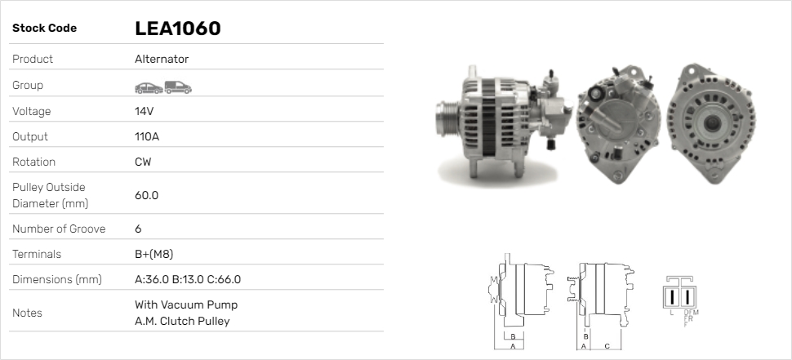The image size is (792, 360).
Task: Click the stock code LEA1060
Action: [178, 29]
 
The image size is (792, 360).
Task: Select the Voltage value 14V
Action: [144, 111]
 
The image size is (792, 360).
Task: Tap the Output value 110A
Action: [147, 136]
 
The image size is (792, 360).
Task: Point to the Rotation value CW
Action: [143, 162]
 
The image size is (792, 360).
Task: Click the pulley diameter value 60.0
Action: [146, 195]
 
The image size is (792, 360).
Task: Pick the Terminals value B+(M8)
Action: [154, 254]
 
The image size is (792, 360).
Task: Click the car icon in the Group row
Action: [149, 88]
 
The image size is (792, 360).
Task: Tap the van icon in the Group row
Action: [178, 87]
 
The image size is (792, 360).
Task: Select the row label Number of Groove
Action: [59, 229]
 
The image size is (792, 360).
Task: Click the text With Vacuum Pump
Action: [186, 304]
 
